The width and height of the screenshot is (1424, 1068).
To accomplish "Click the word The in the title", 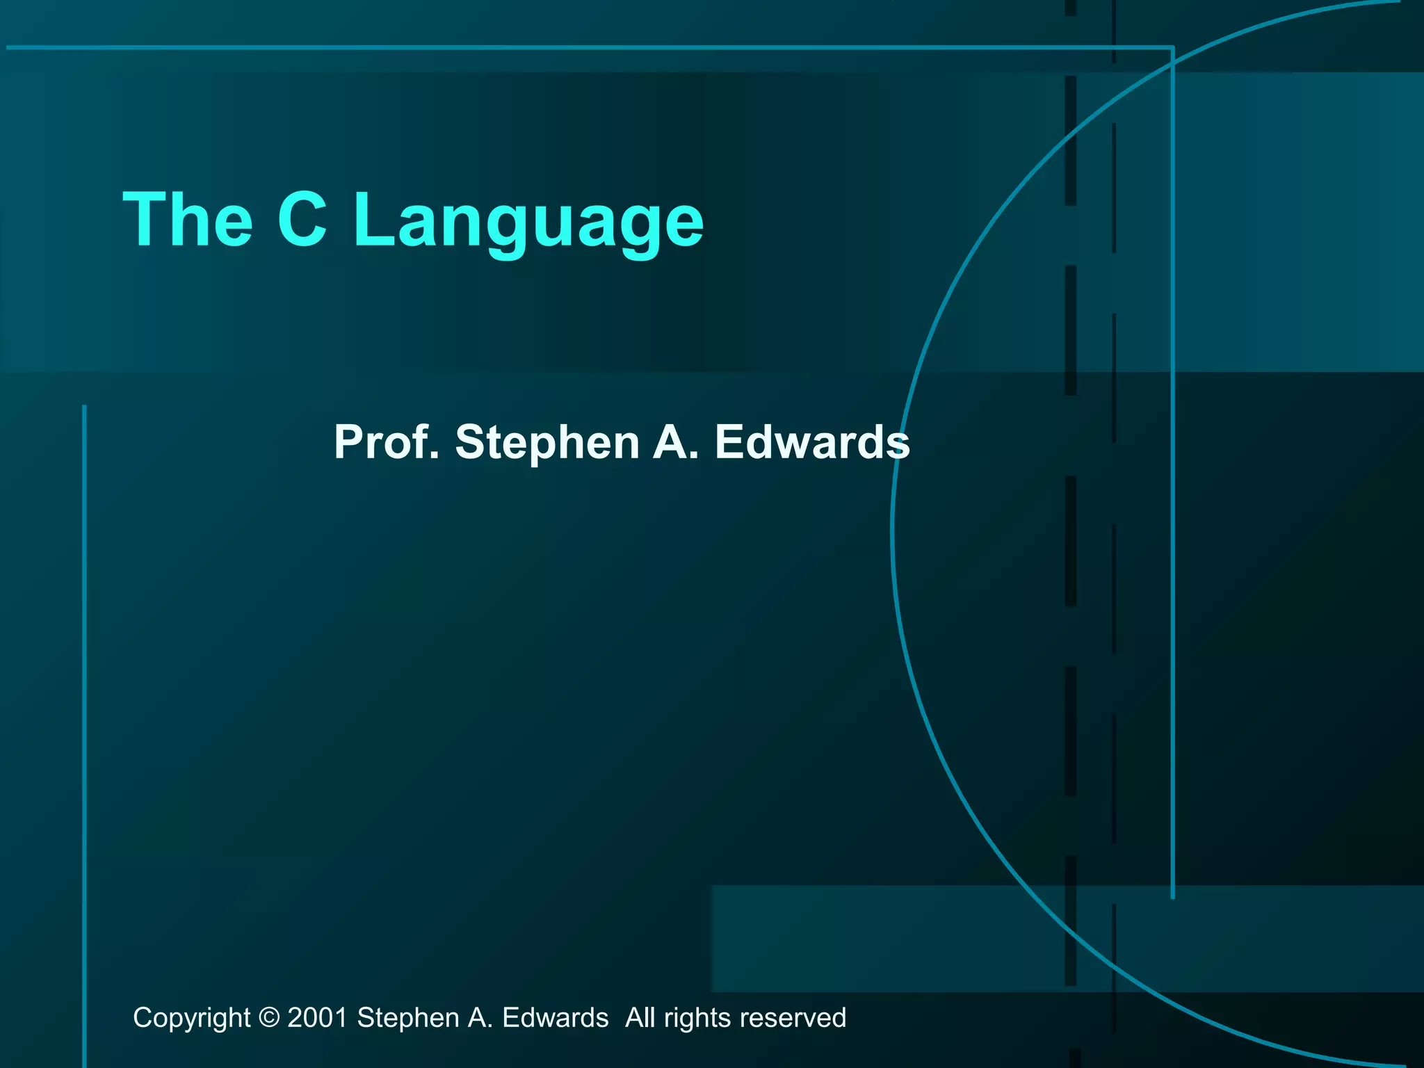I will coord(188,219).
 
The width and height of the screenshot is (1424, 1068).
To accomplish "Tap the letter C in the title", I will coord(302,219).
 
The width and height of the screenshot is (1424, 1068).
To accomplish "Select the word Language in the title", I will coord(528,222).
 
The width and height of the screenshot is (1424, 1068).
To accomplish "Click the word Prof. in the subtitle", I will coord(387,442).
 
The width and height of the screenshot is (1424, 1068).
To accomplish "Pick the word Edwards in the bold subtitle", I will coord(812,442).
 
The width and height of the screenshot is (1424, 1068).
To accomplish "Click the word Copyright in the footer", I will coord(191,1018).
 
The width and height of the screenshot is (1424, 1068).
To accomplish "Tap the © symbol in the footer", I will coord(269,1018).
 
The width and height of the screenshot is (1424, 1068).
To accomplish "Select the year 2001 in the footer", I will coord(317,1018).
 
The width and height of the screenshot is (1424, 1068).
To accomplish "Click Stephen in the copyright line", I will coord(408,1018).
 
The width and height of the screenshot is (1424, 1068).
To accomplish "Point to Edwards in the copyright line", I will coord(555,1018).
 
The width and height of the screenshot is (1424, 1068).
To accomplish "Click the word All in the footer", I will coord(640,1018).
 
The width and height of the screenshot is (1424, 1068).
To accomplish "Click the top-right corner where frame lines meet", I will coord(1172,47).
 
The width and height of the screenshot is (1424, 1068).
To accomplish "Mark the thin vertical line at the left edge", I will coord(85,695).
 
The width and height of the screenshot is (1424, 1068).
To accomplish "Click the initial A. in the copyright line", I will coord(480,1018).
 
